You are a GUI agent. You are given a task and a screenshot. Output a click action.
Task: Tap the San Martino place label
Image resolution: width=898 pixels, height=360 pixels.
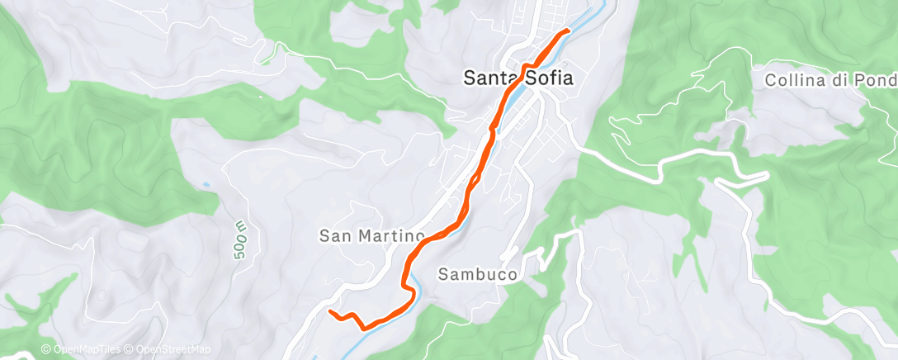(x=371, y=236)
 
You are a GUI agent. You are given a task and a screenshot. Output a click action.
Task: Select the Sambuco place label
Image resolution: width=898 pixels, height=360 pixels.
(x=478, y=273)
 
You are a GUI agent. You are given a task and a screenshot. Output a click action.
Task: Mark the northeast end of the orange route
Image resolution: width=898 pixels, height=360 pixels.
(x=569, y=31)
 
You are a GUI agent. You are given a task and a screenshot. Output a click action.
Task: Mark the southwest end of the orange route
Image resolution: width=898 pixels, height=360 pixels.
(x=330, y=312)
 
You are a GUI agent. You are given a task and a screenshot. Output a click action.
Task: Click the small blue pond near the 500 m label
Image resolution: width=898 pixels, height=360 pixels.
(x=205, y=183)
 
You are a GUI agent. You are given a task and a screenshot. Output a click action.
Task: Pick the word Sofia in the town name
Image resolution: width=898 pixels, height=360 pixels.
(x=551, y=78)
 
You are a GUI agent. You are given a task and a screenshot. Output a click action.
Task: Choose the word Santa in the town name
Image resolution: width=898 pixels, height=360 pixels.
(x=490, y=78)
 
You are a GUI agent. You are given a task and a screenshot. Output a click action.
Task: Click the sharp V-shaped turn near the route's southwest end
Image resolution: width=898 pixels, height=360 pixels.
(x=364, y=329)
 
